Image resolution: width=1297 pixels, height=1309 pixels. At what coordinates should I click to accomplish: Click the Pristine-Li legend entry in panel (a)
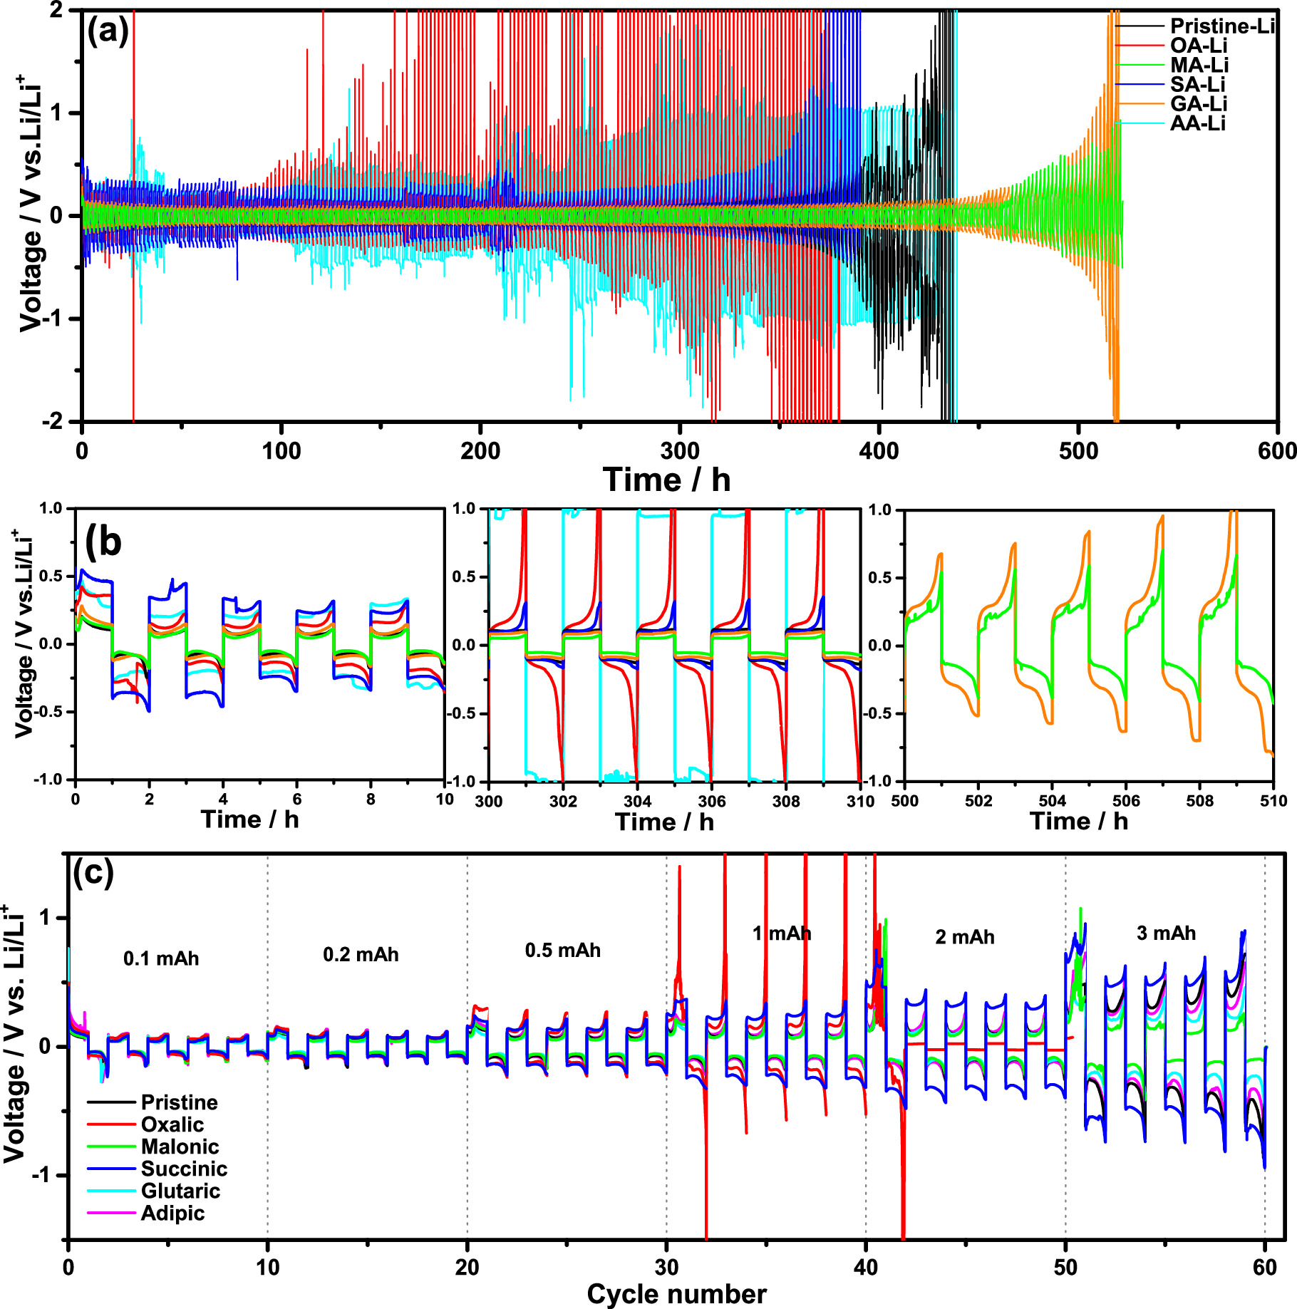pyautogui.click(x=1221, y=26)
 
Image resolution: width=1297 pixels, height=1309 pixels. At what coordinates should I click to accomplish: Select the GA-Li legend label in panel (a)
pyautogui.click(x=1199, y=104)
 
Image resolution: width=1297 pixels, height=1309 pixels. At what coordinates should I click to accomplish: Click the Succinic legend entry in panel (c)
pyautogui.click(x=184, y=1169)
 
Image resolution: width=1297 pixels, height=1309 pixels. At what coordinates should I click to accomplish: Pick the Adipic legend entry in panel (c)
pyautogui.click(x=172, y=1213)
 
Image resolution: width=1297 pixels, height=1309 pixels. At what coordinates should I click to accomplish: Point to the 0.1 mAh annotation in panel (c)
pyautogui.click(x=161, y=958)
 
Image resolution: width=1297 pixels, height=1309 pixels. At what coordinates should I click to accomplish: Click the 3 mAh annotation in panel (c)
pyautogui.click(x=1166, y=933)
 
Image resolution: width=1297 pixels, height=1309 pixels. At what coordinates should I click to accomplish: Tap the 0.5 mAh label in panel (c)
pyautogui.click(x=562, y=950)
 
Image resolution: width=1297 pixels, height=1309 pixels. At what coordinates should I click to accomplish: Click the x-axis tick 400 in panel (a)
pyautogui.click(x=879, y=451)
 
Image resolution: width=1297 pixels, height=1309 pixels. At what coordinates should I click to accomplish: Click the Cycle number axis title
pyautogui.click(x=676, y=1293)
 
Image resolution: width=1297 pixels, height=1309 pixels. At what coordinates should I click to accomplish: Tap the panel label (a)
pyautogui.click(x=108, y=31)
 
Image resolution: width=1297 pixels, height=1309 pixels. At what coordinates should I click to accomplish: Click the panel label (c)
pyautogui.click(x=93, y=872)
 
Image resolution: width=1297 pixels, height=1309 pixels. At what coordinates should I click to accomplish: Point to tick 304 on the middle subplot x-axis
pyautogui.click(x=637, y=801)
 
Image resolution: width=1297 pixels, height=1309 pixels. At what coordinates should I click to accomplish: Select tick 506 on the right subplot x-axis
pyautogui.click(x=1125, y=801)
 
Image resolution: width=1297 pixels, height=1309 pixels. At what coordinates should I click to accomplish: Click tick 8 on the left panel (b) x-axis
pyautogui.click(x=371, y=800)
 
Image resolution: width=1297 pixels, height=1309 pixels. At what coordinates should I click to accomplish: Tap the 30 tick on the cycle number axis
pyautogui.click(x=666, y=1268)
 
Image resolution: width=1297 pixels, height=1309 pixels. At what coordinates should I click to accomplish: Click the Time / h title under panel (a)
pyautogui.click(x=666, y=480)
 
